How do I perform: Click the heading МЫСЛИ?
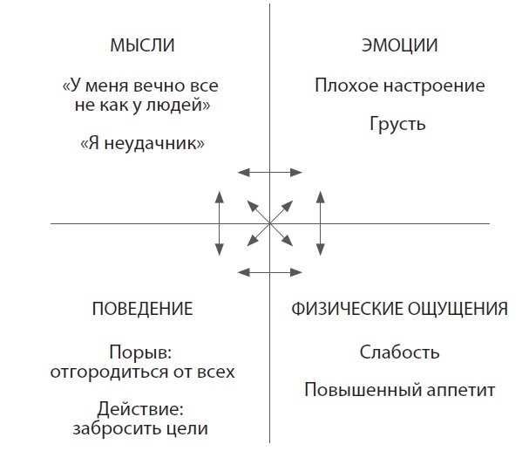[x=142, y=45]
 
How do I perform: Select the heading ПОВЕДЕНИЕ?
[x=142, y=309]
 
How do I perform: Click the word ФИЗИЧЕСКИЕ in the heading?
[x=342, y=309]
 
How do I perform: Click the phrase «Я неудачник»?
[x=142, y=143]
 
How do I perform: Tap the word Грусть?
[x=397, y=124]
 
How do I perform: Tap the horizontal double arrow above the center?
[x=270, y=173]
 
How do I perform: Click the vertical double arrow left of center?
[x=219, y=224]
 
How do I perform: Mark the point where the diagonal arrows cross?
[x=270, y=224]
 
